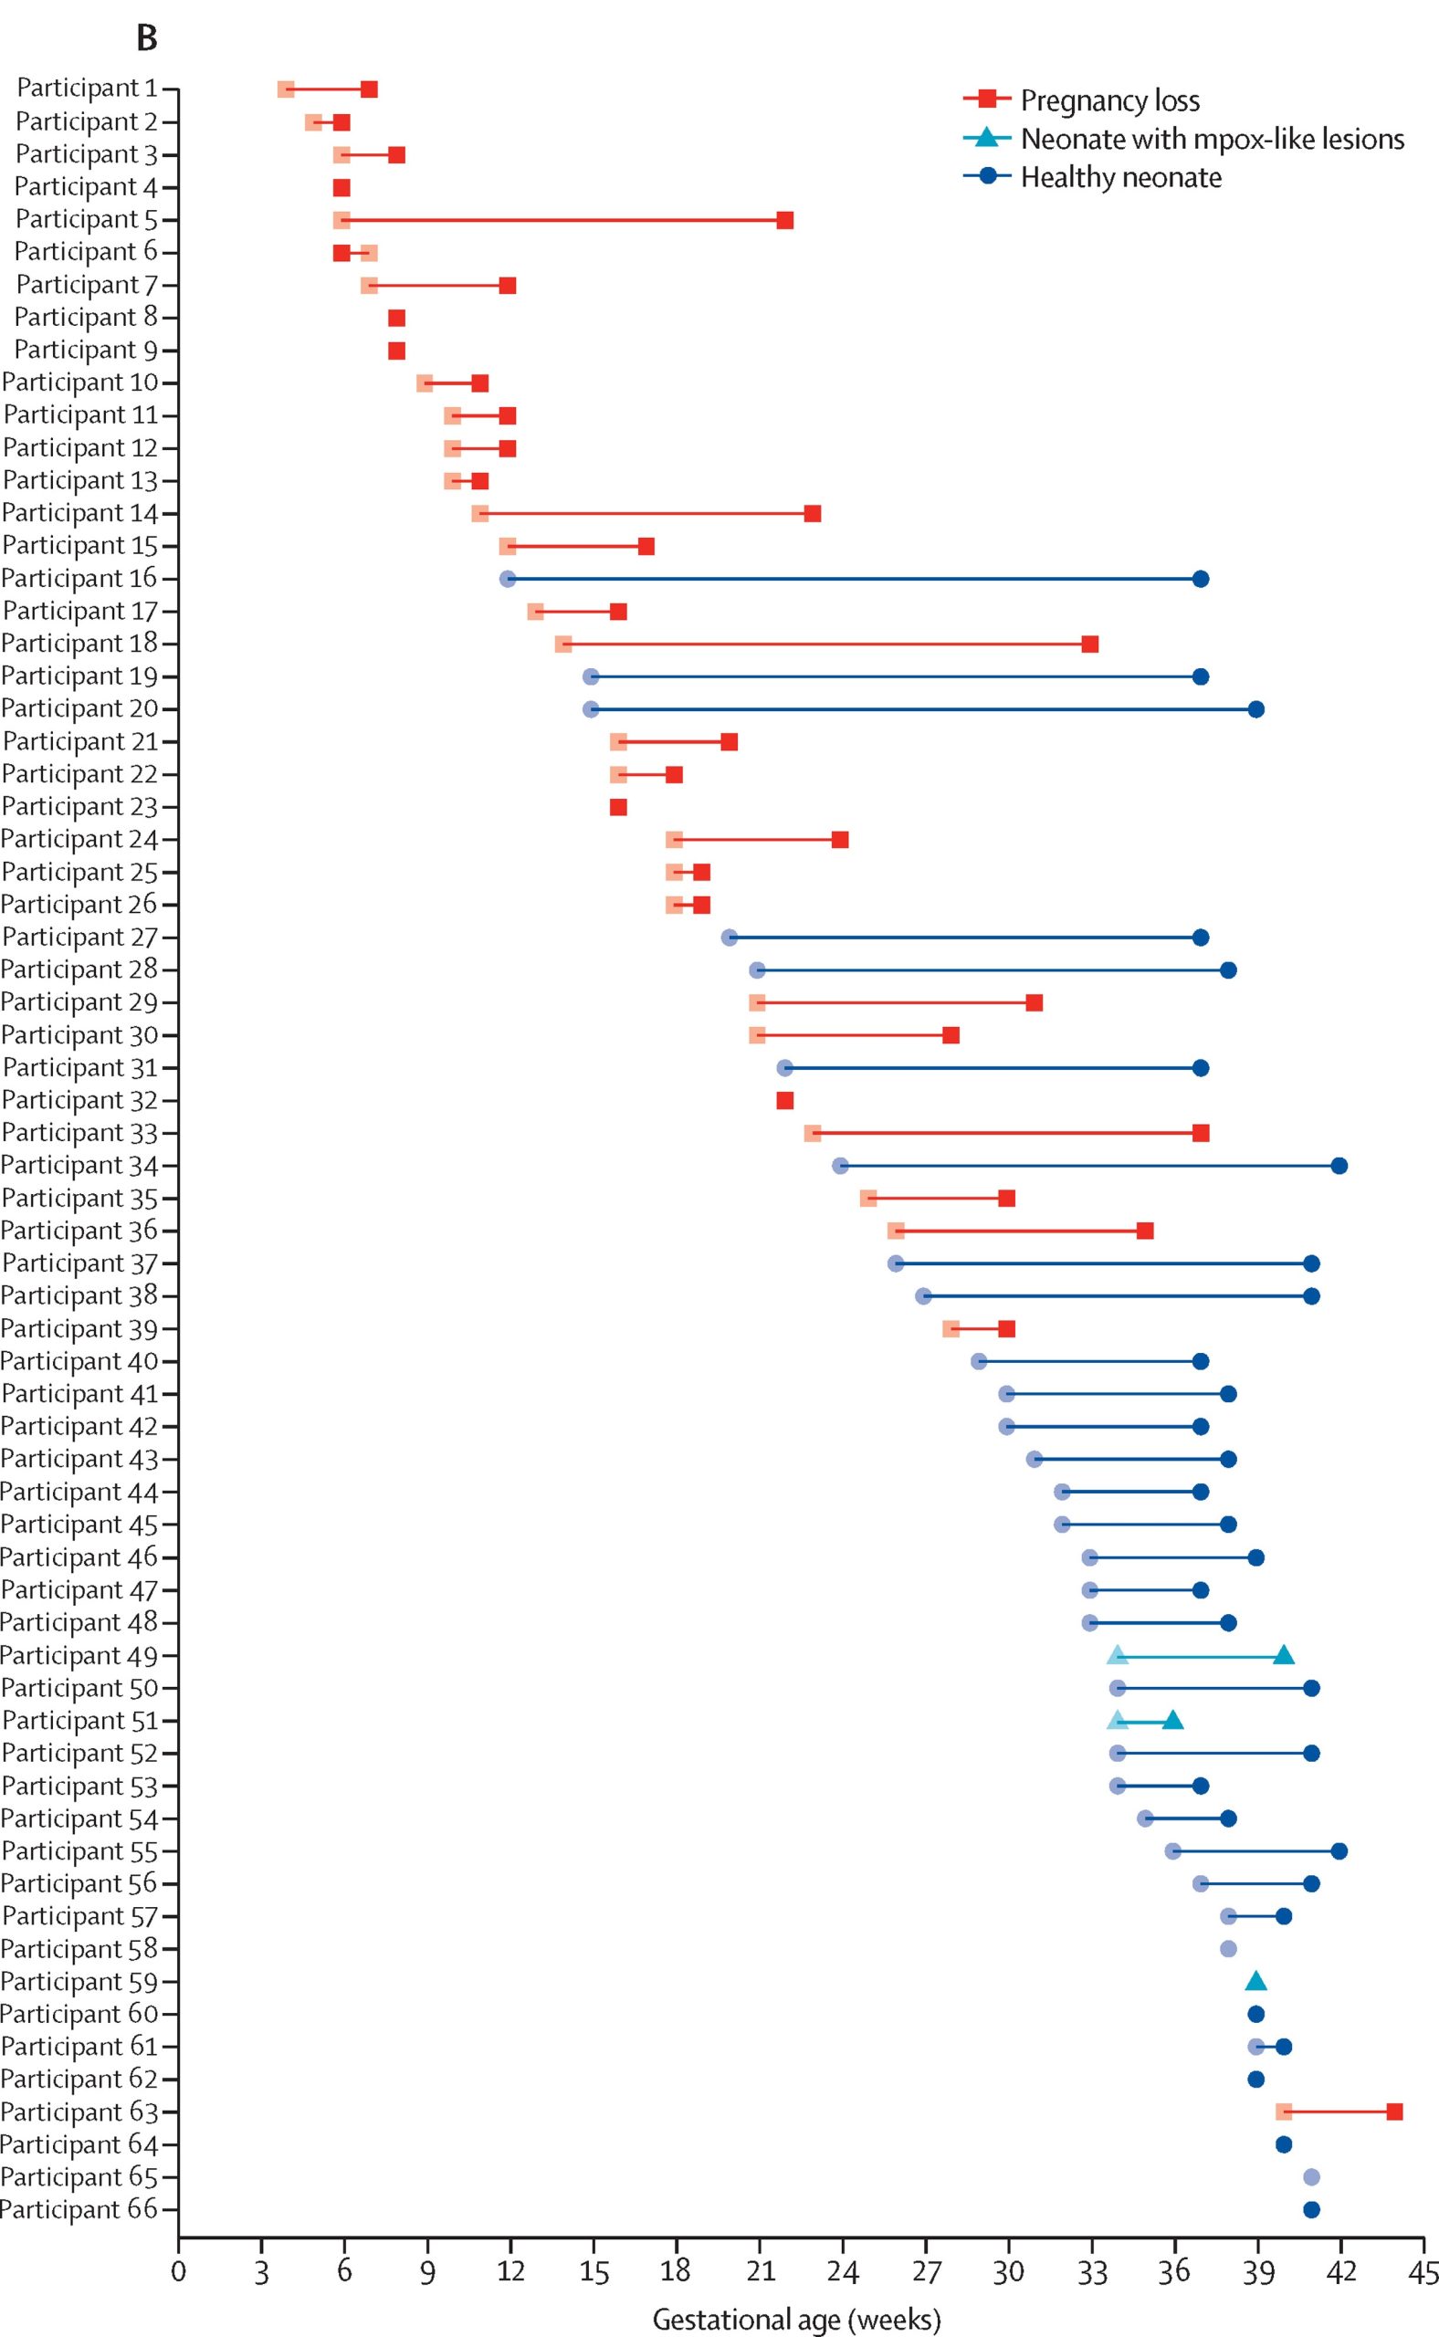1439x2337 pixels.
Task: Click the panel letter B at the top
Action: (147, 38)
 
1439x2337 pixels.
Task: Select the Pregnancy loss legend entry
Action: (1109, 100)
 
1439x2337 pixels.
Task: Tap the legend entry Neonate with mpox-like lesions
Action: (1212, 139)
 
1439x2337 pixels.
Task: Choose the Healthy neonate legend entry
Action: (1120, 177)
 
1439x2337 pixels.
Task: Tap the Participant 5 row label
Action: (86, 220)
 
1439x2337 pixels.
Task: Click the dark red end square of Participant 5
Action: (784, 221)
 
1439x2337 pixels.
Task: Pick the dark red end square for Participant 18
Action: (1089, 645)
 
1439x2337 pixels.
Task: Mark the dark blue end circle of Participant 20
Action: (1256, 709)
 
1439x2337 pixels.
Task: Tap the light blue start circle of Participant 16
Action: (508, 579)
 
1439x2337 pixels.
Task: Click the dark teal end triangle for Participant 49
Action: (1284, 1655)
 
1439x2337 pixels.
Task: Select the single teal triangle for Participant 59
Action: (1256, 1981)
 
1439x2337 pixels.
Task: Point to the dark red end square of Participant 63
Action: (1394, 2112)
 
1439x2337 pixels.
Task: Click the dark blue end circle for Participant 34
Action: (1339, 1166)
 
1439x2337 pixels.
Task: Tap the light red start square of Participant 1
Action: (286, 89)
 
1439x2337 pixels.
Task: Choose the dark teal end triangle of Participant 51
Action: (1172, 1721)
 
